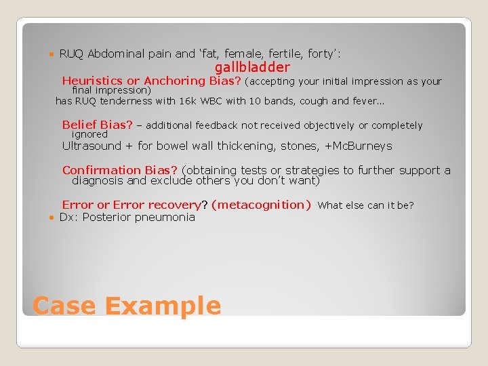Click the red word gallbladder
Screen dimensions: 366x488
[252, 67]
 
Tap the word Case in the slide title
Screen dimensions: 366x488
[64, 306]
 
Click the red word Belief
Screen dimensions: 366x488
[79, 125]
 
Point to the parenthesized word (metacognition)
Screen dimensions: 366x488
[261, 205]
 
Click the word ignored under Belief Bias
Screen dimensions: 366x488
[89, 134]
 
